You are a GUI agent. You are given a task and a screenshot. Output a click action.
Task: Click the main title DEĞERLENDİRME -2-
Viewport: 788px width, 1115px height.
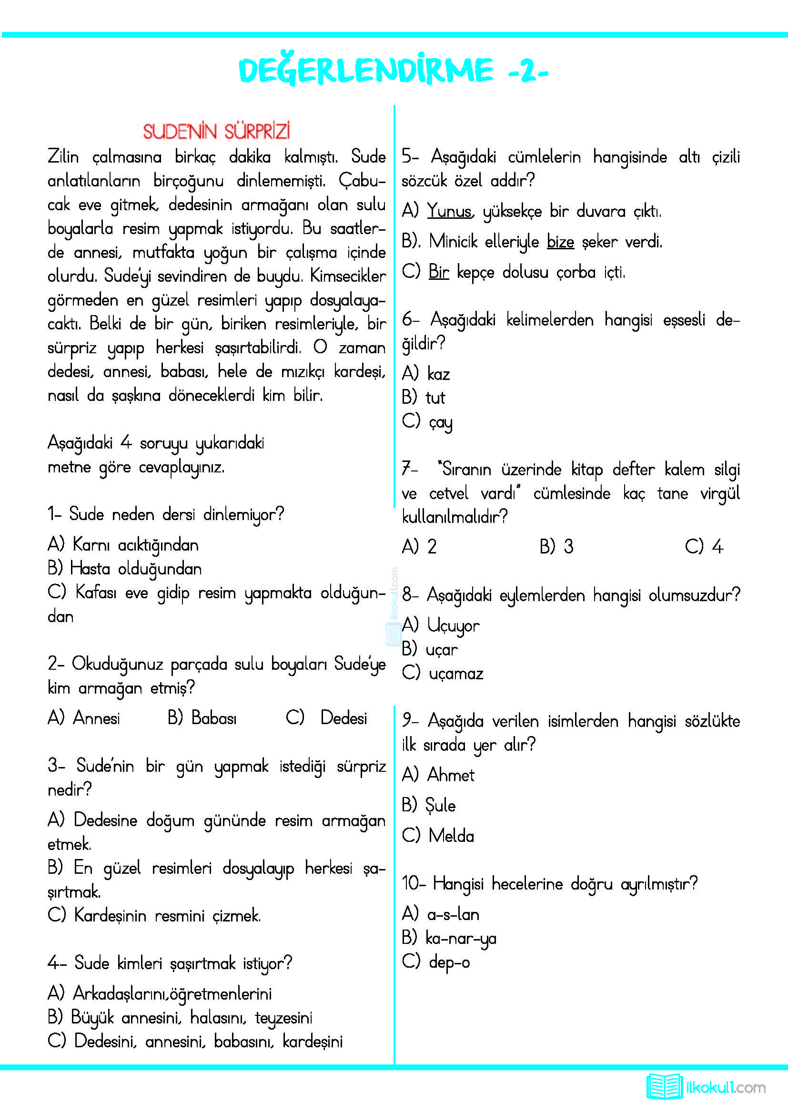[x=393, y=71]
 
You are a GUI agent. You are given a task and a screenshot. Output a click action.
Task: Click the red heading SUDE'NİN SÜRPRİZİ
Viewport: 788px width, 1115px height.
[x=216, y=132]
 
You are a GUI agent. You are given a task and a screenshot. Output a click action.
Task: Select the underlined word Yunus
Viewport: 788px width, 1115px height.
[x=449, y=212]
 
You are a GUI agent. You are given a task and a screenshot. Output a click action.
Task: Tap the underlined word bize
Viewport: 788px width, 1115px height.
[x=560, y=242]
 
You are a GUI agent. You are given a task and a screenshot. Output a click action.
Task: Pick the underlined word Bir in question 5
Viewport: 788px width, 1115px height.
[x=439, y=272]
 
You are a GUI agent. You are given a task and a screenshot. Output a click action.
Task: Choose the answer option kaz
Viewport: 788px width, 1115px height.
[x=439, y=374]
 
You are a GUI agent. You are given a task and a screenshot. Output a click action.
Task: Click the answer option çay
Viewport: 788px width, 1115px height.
[x=441, y=422]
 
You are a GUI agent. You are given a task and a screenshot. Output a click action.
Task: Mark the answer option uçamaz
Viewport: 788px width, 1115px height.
[x=455, y=674]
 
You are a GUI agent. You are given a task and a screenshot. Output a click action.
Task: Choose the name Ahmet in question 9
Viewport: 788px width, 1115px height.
[x=450, y=775]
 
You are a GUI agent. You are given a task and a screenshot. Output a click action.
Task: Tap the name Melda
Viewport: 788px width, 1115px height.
[x=451, y=836]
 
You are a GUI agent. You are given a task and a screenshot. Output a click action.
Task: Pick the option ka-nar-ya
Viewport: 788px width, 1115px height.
[x=461, y=938]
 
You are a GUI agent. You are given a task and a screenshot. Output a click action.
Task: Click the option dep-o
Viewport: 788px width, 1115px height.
[x=449, y=962]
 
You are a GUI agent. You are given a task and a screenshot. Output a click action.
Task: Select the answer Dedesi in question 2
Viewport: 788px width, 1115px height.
[x=343, y=718]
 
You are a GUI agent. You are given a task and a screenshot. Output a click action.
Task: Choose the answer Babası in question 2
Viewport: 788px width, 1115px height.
[x=214, y=718]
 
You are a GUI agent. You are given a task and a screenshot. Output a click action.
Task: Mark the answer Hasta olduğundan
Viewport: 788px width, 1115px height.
[x=136, y=569]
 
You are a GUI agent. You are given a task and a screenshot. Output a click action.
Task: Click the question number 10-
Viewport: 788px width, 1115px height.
[x=414, y=883]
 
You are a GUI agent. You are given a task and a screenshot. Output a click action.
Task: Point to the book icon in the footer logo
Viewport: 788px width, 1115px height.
[x=664, y=1086]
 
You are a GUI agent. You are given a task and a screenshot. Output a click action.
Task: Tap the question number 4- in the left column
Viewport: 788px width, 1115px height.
[x=56, y=962]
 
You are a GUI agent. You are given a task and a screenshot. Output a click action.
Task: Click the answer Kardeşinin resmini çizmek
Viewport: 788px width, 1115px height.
[x=167, y=916]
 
